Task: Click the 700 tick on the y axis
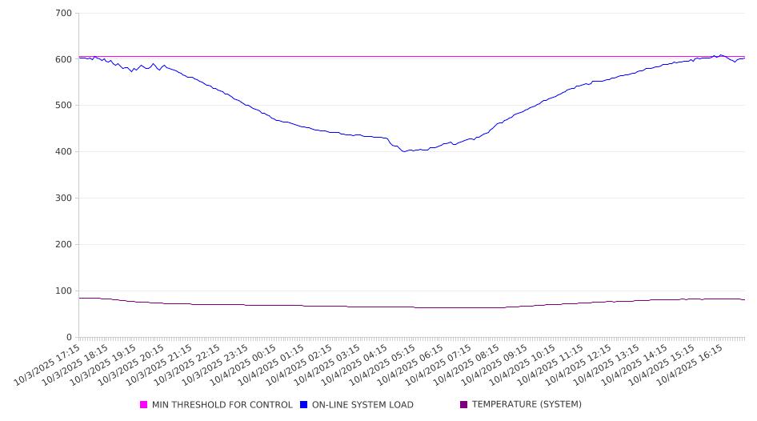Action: coord(63,14)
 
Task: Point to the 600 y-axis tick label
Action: coord(63,59)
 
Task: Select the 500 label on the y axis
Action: coord(63,106)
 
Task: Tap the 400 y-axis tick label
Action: coord(63,152)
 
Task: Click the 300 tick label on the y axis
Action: coord(63,198)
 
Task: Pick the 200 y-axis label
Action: coord(63,245)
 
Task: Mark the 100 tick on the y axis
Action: coord(63,291)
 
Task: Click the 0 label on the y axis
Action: coord(69,337)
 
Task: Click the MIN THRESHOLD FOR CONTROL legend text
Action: coord(222,405)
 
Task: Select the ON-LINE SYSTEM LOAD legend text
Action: coord(362,405)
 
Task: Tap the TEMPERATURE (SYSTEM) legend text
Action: coord(527,405)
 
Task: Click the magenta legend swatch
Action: coord(144,405)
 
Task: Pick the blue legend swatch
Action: coord(304,405)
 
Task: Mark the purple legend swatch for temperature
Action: coord(464,405)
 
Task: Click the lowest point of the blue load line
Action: coord(405,151)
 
